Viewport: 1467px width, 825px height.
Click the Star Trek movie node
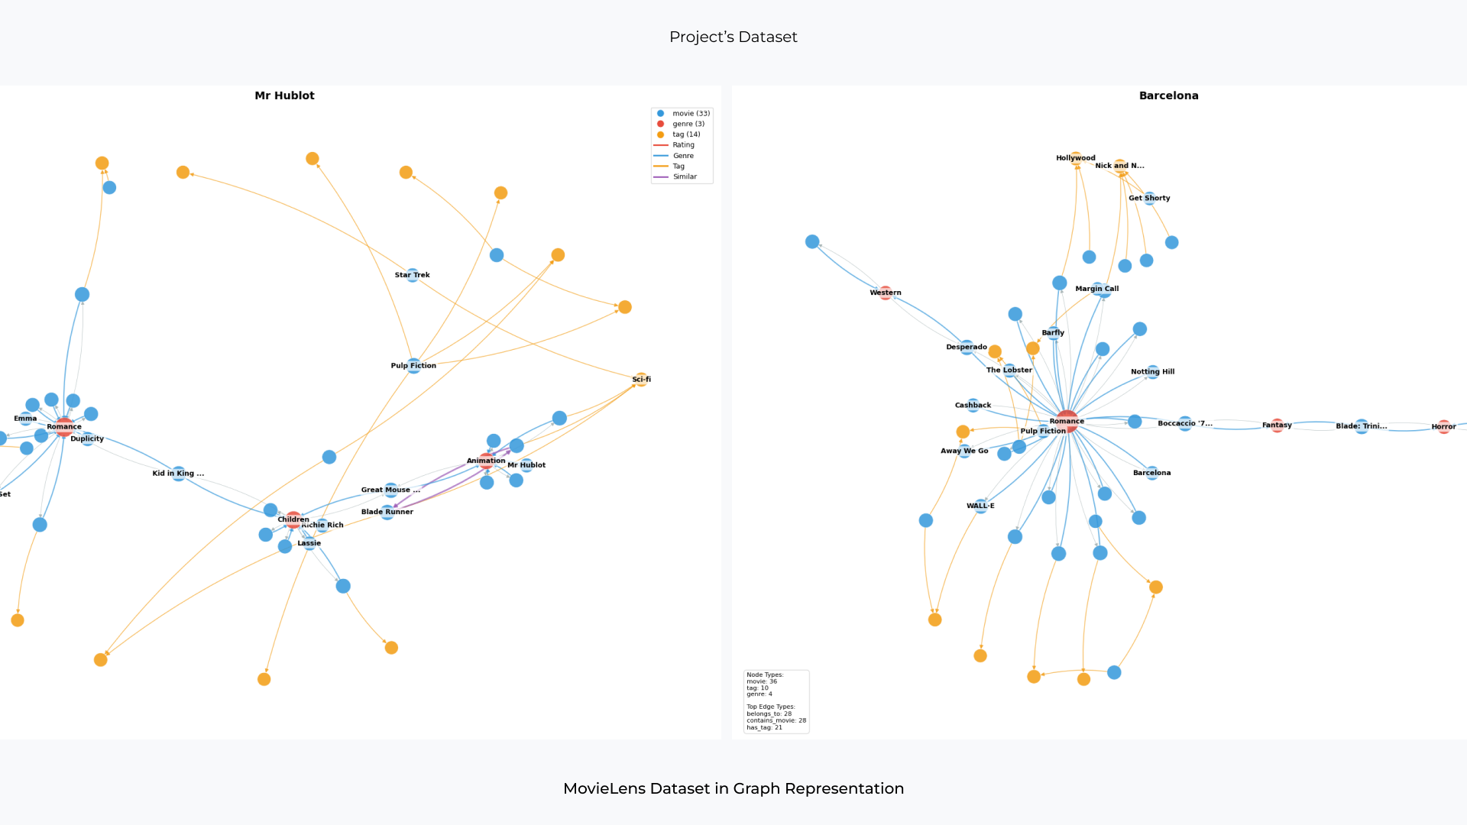[413, 275]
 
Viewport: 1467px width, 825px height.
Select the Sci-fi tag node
[641, 379]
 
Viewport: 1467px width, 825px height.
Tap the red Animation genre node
[487, 461]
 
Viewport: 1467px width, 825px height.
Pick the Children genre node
[293, 519]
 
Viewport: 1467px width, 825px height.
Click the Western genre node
[886, 293]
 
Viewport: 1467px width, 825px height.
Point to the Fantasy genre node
[1277, 425]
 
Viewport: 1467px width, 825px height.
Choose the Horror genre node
[1443, 426]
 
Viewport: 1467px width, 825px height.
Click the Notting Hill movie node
[1153, 372]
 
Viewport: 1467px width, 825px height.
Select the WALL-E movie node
[981, 506]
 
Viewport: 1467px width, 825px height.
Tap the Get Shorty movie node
[1150, 198]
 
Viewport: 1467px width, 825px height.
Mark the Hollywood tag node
[1076, 158]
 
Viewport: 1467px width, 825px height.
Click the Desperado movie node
[967, 347]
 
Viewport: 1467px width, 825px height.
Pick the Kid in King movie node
[178, 474]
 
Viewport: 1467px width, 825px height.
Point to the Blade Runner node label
[387, 512]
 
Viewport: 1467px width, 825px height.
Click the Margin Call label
[1096, 289]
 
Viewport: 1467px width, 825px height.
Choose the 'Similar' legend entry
[684, 176]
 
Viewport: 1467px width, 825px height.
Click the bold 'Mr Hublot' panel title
[284, 95]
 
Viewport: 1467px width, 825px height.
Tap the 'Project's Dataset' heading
[733, 37]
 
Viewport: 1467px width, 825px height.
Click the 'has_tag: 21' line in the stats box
[765, 727]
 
